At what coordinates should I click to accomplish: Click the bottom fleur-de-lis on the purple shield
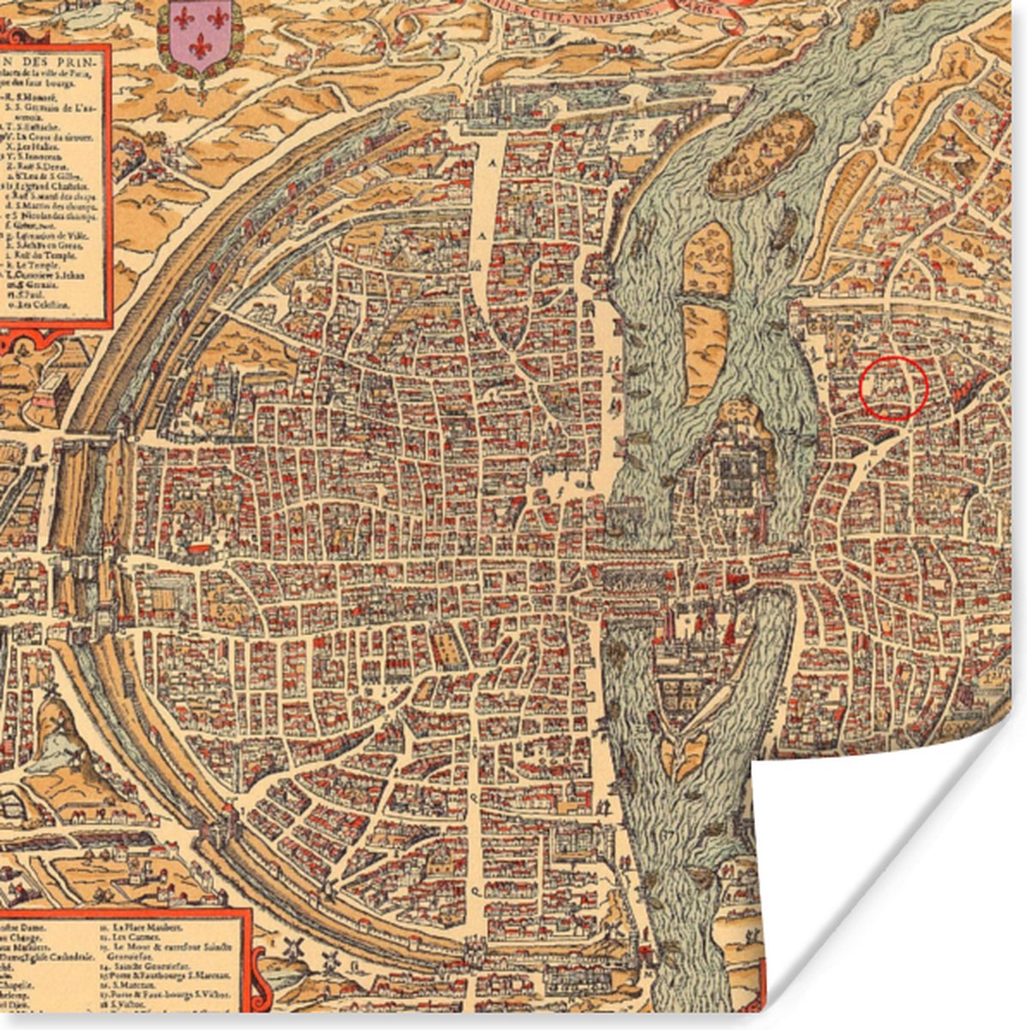[x=200, y=46]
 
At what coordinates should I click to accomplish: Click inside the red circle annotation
[x=893, y=388]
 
